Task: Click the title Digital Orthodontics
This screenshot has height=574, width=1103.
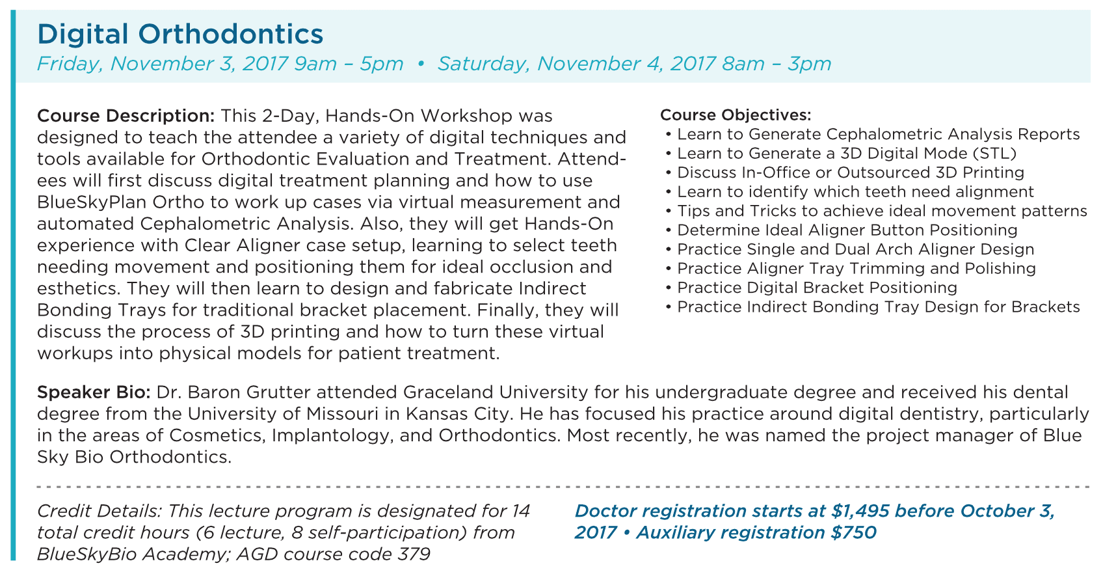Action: pyautogui.click(x=180, y=34)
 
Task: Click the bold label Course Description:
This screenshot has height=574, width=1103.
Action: pyautogui.click(x=126, y=116)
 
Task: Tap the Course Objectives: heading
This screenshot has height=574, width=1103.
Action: pyautogui.click(x=736, y=115)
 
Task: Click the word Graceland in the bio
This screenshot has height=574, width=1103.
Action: pyautogui.click(x=449, y=392)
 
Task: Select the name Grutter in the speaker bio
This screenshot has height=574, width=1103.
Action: pyautogui.click(x=278, y=392)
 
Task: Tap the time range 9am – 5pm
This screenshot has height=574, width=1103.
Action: pyautogui.click(x=349, y=64)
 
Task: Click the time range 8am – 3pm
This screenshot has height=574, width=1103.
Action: pyautogui.click(x=777, y=64)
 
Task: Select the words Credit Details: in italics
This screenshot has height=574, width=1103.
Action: pyautogui.click(x=100, y=512)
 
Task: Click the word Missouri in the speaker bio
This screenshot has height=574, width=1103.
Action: pyautogui.click(x=342, y=415)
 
